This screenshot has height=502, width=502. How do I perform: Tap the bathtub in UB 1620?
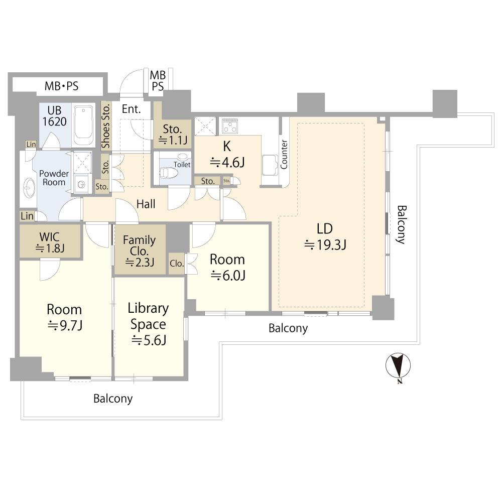click(x=83, y=125)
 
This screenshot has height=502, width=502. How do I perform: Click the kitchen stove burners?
click(x=230, y=126)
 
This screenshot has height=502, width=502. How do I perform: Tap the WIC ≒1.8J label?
click(x=50, y=242)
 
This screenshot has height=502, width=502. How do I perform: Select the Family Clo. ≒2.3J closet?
click(x=140, y=249)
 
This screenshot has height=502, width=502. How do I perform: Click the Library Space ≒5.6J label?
click(x=148, y=324)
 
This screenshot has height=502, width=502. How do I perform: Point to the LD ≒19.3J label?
click(x=325, y=236)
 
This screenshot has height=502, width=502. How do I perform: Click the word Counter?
click(x=284, y=154)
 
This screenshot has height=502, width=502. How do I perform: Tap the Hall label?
click(x=146, y=204)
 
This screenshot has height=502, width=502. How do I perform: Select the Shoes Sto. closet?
click(x=105, y=126)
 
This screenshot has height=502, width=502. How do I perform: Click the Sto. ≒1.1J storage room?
click(x=173, y=134)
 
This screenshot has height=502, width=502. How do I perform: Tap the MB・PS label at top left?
click(x=61, y=86)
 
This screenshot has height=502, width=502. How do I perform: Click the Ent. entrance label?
click(x=131, y=109)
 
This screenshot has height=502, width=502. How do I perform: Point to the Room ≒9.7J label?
click(x=65, y=317)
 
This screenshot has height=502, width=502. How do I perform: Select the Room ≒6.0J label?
click(x=227, y=268)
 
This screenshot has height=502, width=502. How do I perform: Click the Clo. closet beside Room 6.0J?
click(x=177, y=264)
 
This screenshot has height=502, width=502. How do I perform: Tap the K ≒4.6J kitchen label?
click(x=227, y=155)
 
